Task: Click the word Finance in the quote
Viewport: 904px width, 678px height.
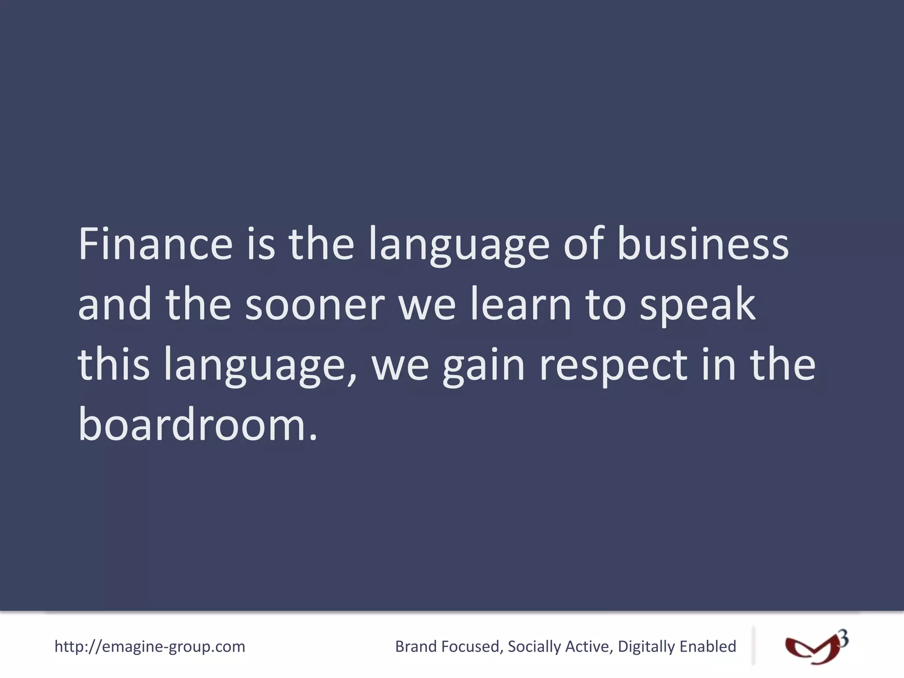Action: coord(155,244)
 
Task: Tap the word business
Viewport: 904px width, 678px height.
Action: coord(703,244)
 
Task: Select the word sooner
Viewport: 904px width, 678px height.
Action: coord(315,305)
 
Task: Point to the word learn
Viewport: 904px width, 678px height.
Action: coord(521,305)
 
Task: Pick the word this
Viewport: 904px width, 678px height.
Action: coord(114,365)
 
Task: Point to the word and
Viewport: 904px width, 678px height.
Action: coord(115,305)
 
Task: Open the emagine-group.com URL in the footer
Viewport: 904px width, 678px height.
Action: coord(150,646)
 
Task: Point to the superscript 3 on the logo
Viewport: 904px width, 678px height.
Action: coord(843,639)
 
